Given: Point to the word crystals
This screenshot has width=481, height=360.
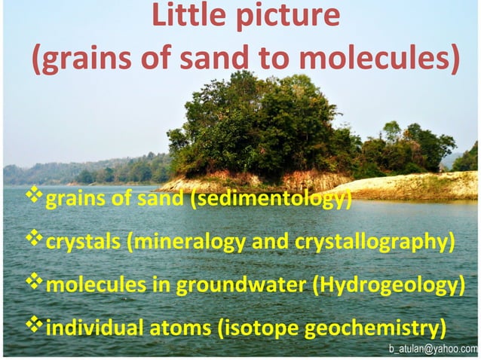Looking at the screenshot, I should pyautogui.click(x=80, y=243).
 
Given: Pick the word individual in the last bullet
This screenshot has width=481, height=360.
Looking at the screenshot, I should pyautogui.click(x=92, y=329).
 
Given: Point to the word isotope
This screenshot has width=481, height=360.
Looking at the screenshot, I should pyautogui.click(x=260, y=329).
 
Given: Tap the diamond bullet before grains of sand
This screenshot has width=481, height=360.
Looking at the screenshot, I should pyautogui.click(x=35, y=198).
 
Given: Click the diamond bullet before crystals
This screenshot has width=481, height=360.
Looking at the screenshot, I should pyautogui.click(x=35, y=240).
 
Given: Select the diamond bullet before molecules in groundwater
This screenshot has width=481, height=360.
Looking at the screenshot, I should pyautogui.click(x=35, y=284).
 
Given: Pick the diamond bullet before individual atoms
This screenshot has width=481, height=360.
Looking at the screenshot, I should pyautogui.click(x=35, y=327).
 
